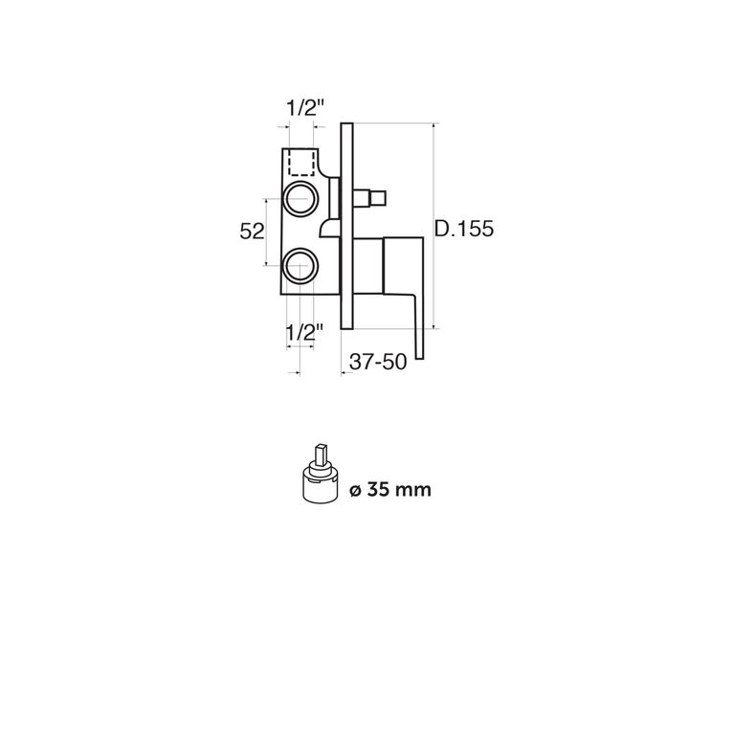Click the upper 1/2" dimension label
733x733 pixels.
coord(304,108)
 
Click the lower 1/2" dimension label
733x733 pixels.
coord(304,333)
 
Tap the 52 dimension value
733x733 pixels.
coord(252,231)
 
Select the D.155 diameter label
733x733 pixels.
coord(464,229)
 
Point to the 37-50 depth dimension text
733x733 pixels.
coord(378,362)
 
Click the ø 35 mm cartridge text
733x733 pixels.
coord(390,490)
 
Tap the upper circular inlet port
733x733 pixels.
coord(301,199)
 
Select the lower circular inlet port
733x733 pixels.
coord(301,265)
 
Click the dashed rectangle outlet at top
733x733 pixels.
coord(301,163)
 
